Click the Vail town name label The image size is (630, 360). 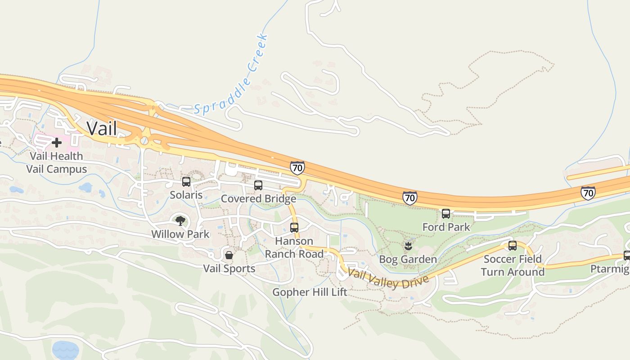[102, 129]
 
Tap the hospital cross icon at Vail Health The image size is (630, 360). [57, 143]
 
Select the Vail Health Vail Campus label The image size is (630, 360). [56, 162]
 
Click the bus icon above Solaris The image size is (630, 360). [186, 182]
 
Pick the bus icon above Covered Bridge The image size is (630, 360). [258, 185]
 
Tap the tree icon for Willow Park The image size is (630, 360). [180, 220]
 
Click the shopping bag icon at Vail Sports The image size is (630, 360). [229, 255]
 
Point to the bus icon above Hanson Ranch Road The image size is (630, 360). [294, 227]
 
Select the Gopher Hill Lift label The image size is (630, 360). [310, 292]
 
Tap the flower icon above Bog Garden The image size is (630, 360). [408, 246]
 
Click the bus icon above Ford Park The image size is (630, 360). [446, 213]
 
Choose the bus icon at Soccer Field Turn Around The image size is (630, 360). [513, 245]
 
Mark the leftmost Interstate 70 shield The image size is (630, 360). [297, 168]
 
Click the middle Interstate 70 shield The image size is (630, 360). [409, 198]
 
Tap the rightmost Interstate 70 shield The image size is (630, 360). [588, 193]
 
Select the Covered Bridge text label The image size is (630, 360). [258, 198]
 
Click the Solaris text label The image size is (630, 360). [186, 195]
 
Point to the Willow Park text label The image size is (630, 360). [180, 234]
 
